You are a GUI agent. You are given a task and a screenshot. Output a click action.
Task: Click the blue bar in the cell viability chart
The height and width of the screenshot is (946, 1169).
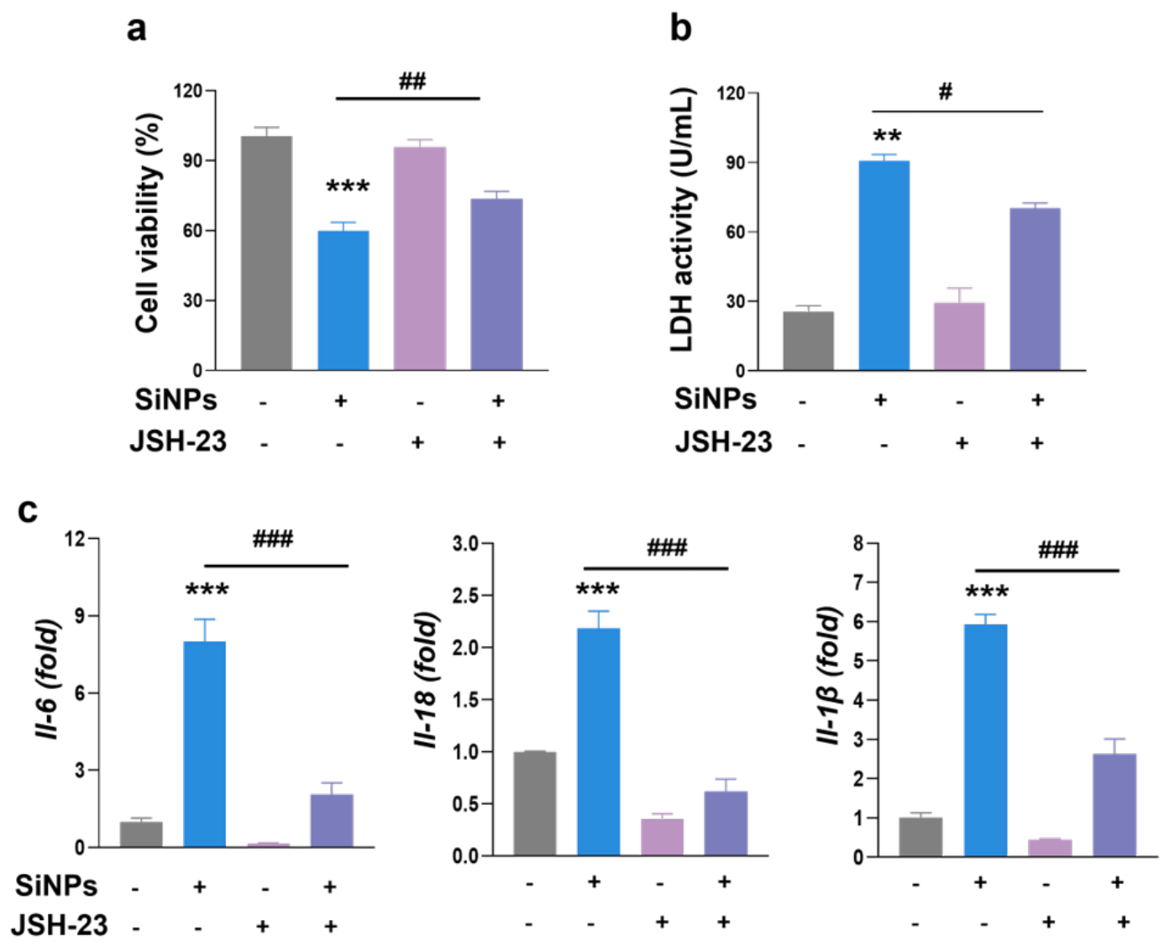(343, 301)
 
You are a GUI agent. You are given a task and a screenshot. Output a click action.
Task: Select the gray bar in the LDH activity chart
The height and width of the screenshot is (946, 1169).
(809, 341)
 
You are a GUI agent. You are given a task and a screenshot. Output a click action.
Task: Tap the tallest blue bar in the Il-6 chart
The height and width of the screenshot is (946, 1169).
(205, 745)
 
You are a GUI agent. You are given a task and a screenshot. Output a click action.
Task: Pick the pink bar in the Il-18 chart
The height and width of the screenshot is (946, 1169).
(663, 837)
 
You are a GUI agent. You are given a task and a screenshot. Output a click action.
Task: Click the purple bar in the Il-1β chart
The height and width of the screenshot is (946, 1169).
(1114, 805)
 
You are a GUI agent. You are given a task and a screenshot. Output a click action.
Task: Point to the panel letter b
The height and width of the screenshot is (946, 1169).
(680, 28)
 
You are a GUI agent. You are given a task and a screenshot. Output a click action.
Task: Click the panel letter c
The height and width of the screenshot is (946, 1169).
(28, 510)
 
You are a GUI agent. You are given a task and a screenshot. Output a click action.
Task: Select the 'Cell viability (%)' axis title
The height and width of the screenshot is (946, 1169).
(148, 222)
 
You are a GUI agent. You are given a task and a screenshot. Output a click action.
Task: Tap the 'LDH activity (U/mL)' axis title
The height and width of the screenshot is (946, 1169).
(683, 219)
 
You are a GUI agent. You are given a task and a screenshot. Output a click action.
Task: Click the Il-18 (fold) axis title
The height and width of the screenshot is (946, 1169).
(427, 680)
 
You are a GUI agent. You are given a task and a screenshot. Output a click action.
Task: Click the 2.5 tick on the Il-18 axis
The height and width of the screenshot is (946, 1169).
(465, 596)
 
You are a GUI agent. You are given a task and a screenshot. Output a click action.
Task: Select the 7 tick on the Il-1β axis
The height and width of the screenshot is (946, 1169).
(857, 582)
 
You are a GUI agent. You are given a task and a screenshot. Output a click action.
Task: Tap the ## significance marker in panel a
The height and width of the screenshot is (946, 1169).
(412, 81)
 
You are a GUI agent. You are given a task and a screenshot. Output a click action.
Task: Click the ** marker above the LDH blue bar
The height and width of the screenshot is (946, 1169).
(887, 135)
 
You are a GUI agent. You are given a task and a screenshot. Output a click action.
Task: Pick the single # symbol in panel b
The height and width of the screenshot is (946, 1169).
(945, 91)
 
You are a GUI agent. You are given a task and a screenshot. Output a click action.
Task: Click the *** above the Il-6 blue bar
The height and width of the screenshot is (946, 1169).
(207, 590)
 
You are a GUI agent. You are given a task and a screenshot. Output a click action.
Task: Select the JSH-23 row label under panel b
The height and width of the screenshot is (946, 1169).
(723, 442)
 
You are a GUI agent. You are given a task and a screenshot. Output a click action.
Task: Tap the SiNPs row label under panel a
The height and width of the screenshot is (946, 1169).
(176, 400)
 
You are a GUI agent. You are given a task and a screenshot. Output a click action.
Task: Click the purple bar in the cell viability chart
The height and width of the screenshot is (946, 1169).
(496, 285)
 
